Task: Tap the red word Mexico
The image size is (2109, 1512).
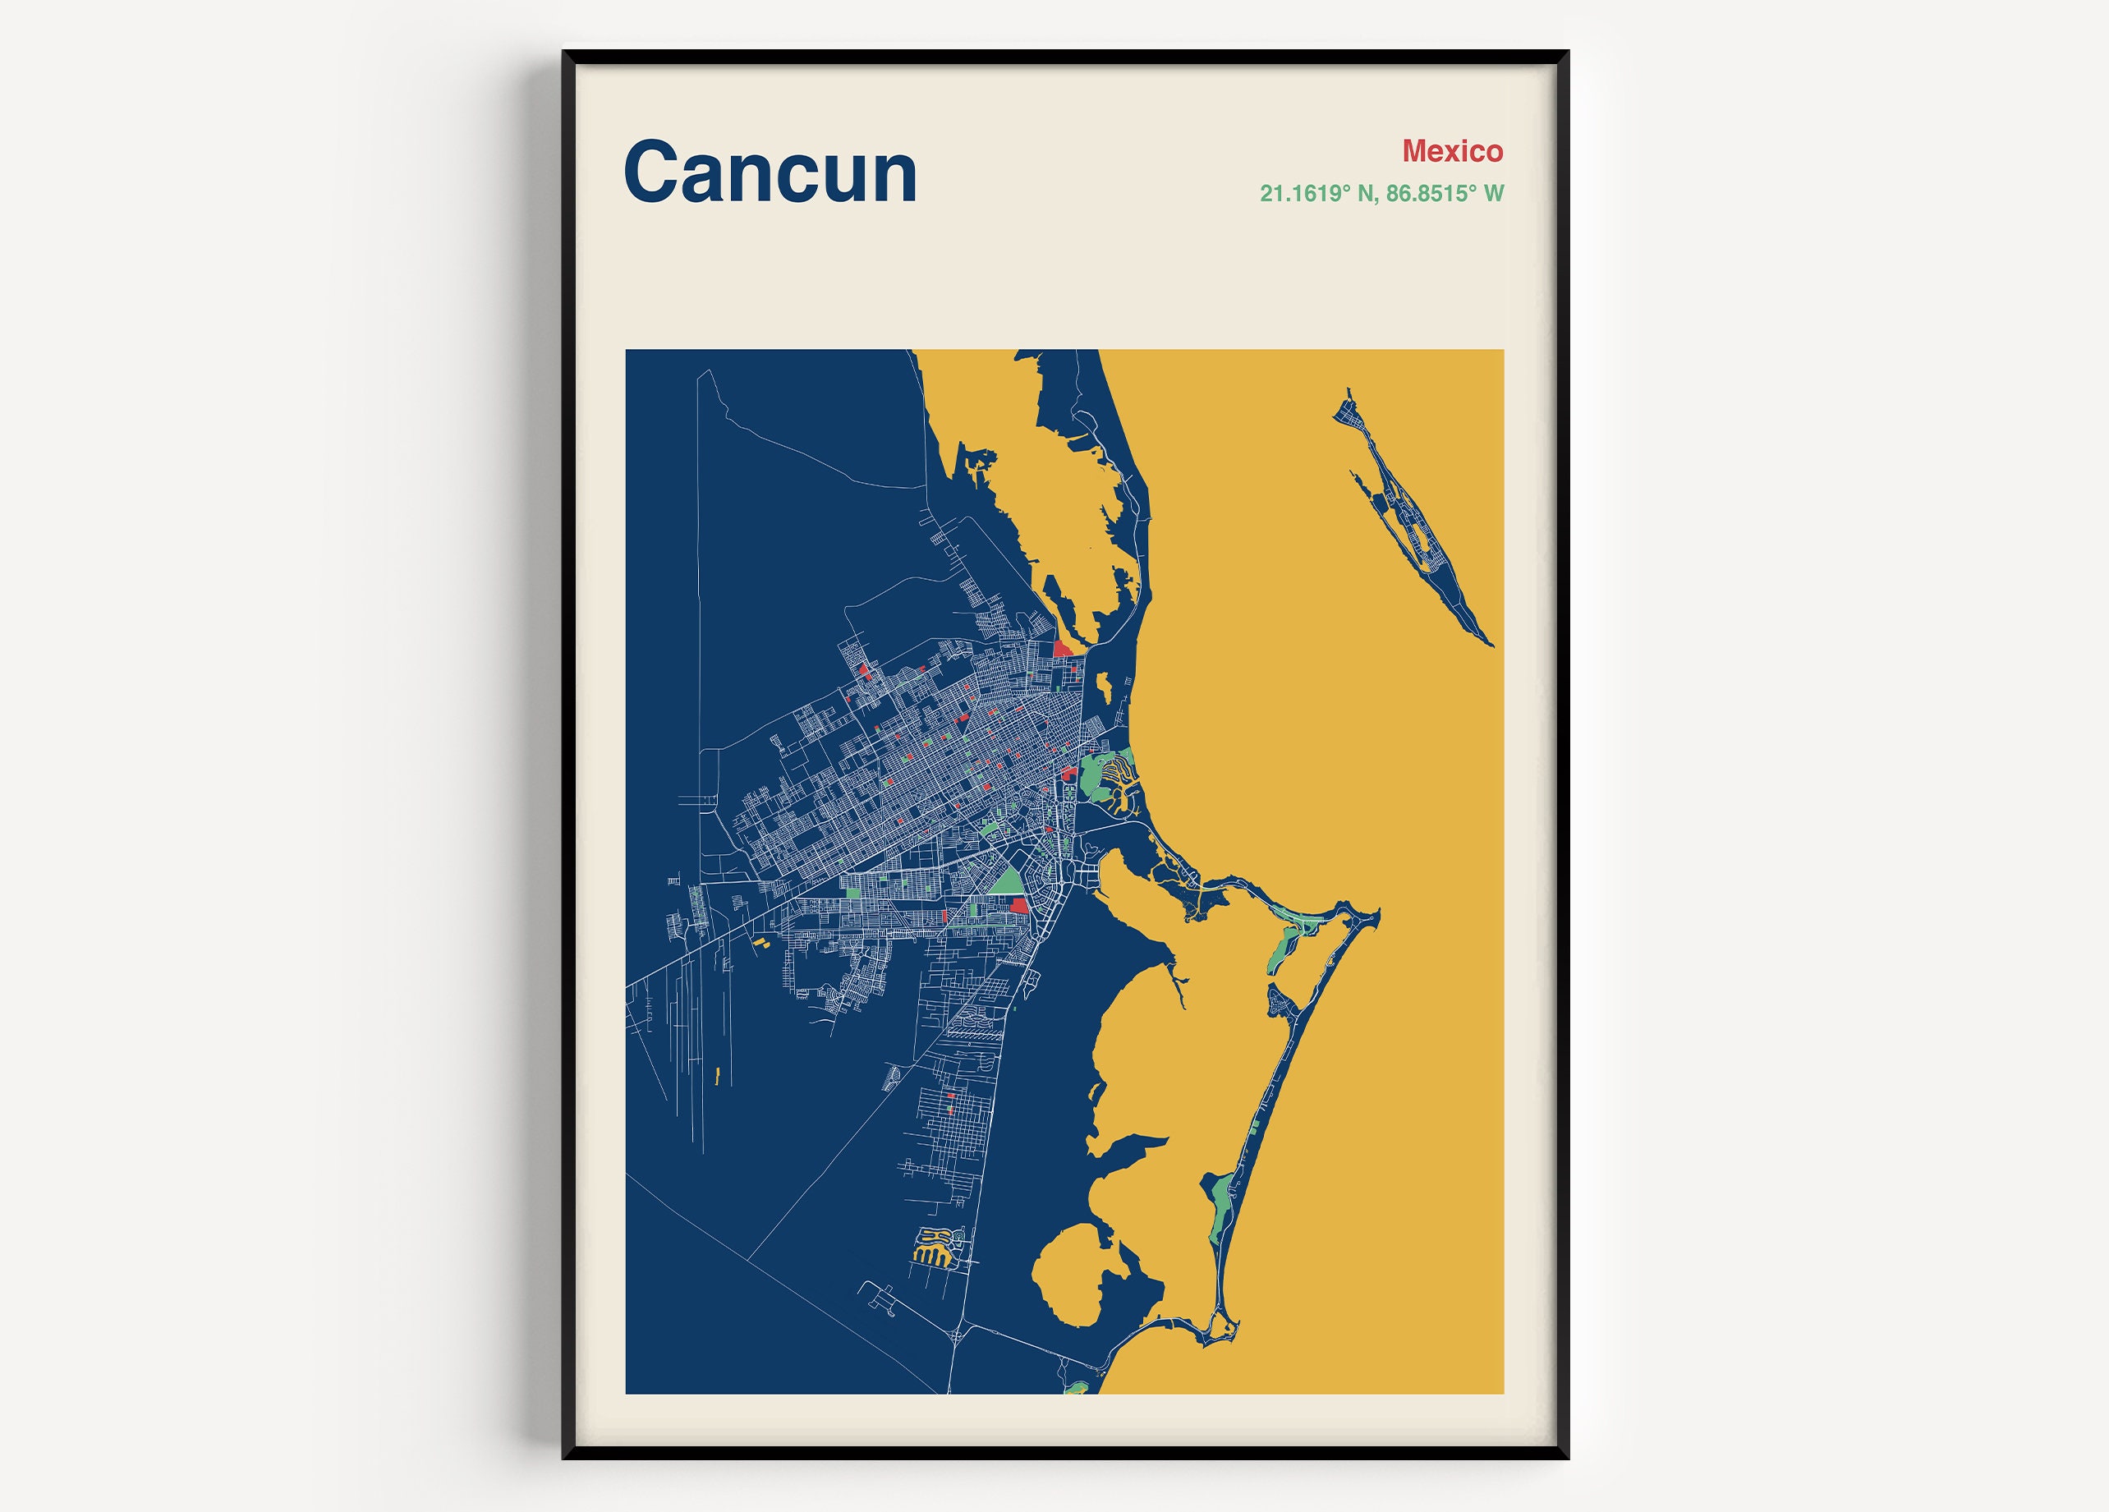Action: tap(1453, 150)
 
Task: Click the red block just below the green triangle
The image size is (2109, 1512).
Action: tap(1019, 905)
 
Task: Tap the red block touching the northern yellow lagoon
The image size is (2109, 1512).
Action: tap(1062, 648)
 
